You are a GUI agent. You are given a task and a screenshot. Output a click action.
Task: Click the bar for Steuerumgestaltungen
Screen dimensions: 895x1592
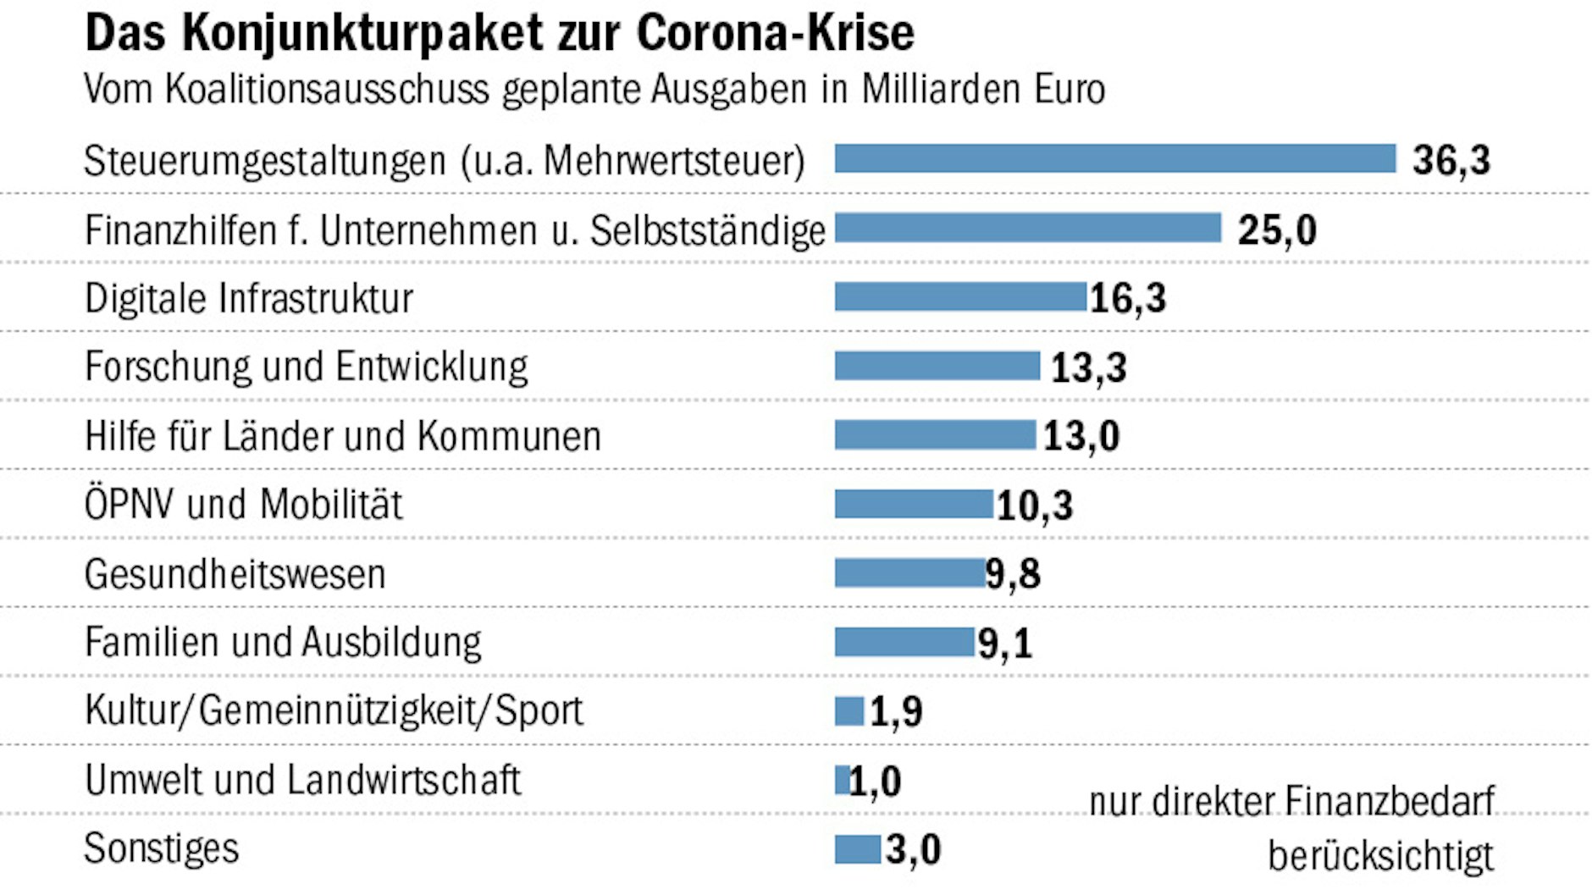click(1114, 158)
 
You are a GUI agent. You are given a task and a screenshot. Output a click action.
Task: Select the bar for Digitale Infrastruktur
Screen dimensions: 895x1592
click(959, 296)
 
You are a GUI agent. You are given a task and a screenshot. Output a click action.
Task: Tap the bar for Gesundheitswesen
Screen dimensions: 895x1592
click(909, 572)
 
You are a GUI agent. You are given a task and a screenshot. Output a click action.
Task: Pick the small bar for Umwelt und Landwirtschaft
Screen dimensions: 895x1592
click(842, 780)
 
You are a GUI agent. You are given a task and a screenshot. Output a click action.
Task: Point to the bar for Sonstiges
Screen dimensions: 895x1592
click(857, 849)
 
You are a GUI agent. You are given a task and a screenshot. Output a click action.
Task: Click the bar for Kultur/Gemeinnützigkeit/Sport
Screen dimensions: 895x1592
click(849, 710)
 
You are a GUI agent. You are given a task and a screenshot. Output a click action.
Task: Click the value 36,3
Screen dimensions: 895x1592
click(1451, 160)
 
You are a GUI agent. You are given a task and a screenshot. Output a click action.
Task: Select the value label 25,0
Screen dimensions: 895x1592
click(1276, 229)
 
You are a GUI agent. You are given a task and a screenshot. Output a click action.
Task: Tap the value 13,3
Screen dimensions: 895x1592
click(1088, 367)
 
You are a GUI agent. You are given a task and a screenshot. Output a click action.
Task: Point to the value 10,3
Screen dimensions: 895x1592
click(1034, 506)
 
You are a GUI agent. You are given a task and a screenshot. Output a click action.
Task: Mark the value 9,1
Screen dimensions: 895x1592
click(1005, 644)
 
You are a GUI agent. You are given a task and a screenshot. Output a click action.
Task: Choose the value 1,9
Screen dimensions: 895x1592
click(896, 712)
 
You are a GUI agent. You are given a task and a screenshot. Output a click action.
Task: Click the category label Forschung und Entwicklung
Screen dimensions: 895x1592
click(306, 367)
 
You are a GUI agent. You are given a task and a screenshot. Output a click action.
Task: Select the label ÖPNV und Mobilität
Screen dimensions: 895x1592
click(243, 504)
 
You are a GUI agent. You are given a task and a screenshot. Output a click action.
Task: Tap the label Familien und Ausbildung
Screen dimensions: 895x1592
click(283, 643)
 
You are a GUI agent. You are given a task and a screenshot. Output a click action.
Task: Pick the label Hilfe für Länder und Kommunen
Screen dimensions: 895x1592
click(342, 436)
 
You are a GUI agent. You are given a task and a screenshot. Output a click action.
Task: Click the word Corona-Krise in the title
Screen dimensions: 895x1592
click(775, 34)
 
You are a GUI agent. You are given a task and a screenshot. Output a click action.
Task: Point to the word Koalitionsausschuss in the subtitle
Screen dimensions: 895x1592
click(327, 90)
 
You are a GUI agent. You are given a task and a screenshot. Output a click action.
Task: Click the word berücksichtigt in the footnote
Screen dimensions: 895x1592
click(1380, 855)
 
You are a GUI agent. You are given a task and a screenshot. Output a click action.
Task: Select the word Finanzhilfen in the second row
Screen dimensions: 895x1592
click(180, 230)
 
